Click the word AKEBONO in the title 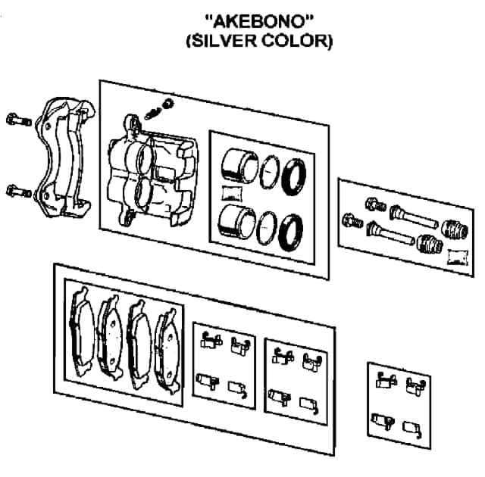click(258, 21)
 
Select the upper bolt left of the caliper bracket click(15, 120)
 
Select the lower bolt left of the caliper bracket click(16, 190)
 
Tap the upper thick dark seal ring click(293, 176)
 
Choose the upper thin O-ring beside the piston click(266, 173)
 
